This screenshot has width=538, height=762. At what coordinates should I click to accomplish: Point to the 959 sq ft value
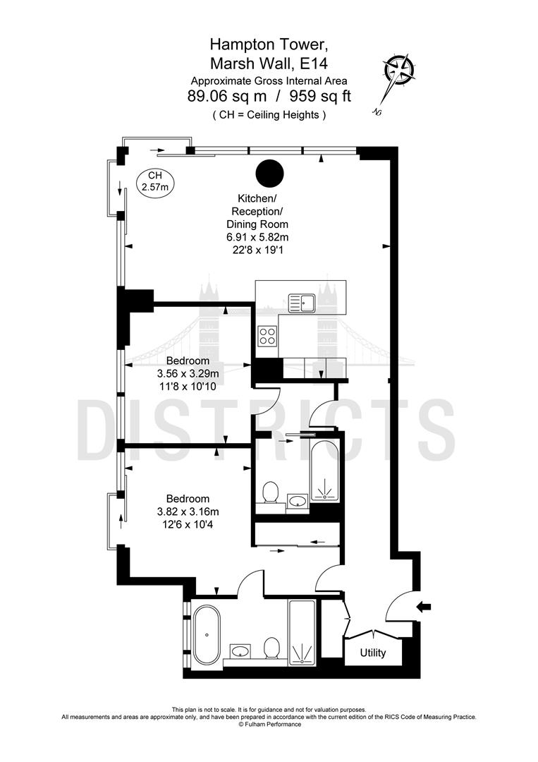[317, 97]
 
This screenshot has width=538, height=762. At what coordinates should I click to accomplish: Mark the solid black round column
[269, 172]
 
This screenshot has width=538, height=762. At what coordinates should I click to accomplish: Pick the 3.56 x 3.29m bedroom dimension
[188, 374]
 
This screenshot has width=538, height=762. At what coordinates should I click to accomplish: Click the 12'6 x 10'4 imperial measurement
[188, 524]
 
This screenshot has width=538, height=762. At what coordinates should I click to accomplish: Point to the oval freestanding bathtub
[207, 633]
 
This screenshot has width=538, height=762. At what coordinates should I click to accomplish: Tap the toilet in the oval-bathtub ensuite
[271, 648]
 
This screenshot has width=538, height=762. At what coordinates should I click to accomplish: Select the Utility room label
[373, 653]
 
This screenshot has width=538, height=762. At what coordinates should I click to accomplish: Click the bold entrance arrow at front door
[423, 606]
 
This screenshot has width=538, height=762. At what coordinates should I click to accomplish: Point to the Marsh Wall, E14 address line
[269, 63]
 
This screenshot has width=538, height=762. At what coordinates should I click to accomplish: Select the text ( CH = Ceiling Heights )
[269, 114]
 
